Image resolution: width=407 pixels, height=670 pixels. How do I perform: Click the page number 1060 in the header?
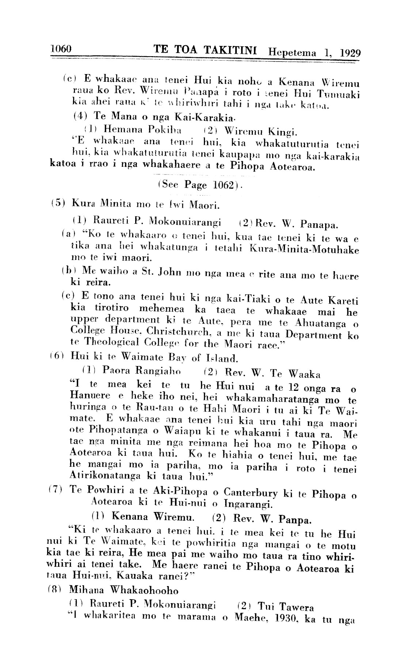pyautogui.click(x=63, y=49)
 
